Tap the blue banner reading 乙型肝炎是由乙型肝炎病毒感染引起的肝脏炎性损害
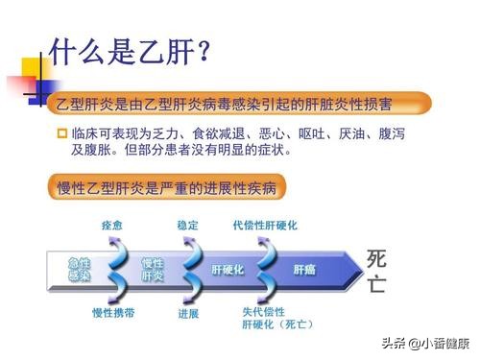point(240,103)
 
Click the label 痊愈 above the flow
point(112,226)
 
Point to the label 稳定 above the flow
point(188,226)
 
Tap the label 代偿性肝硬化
point(264,226)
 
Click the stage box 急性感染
point(79,269)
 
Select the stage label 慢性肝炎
point(153,269)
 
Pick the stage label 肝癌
point(303,270)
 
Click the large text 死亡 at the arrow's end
point(377,270)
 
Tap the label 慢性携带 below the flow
point(111,313)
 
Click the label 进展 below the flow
point(188,313)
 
